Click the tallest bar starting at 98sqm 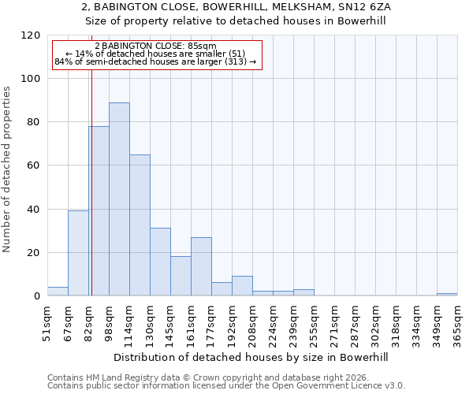point(119,199)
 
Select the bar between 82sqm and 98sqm point(99,210)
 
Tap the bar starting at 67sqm point(78,253)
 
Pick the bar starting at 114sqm point(140,225)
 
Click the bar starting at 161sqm point(201,266)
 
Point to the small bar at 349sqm point(447,294)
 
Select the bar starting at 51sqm point(58,292)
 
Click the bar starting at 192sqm point(242,286)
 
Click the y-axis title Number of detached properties point(7,169)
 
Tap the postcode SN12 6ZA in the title point(365,6)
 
